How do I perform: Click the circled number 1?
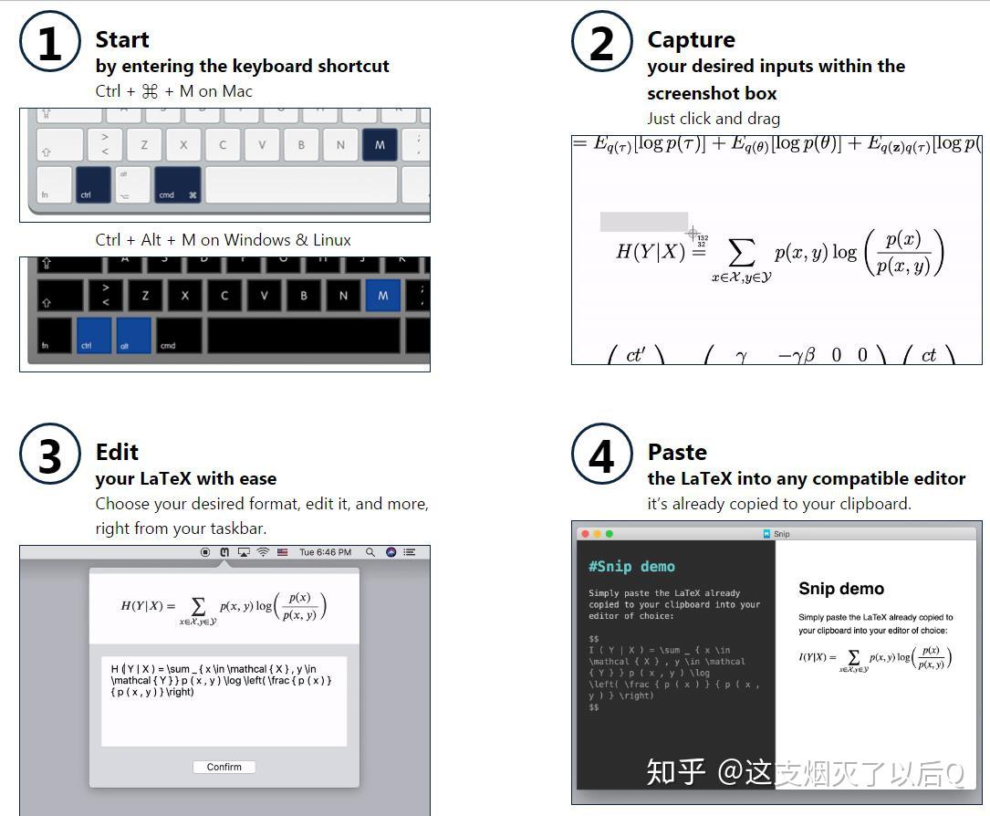(x=50, y=43)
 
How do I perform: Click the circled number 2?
(x=602, y=43)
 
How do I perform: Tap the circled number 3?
(x=50, y=455)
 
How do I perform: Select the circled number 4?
(x=602, y=455)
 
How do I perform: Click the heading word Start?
(x=121, y=40)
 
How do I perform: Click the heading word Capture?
(x=691, y=40)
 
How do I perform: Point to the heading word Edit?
(x=117, y=453)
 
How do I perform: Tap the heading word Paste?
(x=677, y=453)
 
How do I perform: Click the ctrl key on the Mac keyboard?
(x=93, y=185)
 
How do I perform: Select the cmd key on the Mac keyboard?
(x=177, y=185)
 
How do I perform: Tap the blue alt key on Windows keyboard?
(x=133, y=335)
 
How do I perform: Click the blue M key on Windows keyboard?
(x=382, y=295)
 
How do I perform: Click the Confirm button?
(x=224, y=767)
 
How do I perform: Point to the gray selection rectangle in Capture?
(x=643, y=222)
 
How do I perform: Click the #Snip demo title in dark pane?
(x=631, y=567)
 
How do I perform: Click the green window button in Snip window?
(x=610, y=534)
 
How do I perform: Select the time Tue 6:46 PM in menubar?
(x=325, y=552)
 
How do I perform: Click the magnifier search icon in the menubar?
(x=370, y=552)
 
